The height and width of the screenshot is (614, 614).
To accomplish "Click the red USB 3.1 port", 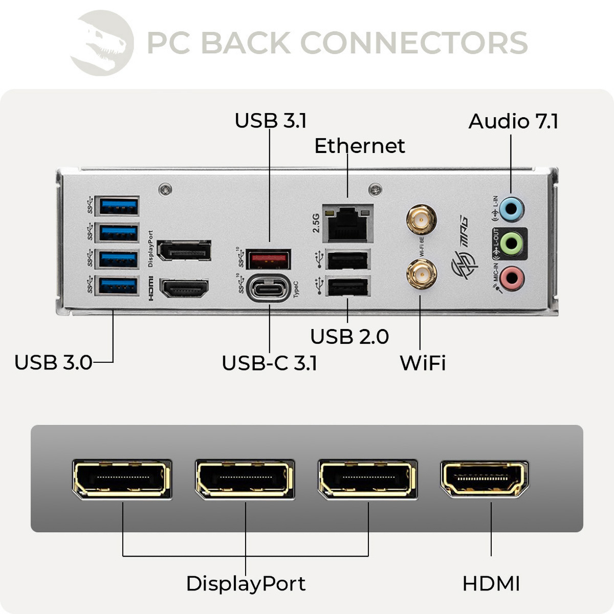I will pos(269,259).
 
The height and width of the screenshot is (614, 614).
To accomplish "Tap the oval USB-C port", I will pos(269,289).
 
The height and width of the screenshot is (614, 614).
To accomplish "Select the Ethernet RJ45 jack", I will pos(347,224).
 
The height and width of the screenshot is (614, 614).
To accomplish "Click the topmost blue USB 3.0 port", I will pos(119,206).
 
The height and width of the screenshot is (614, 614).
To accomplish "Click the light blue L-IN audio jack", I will pos(511,208).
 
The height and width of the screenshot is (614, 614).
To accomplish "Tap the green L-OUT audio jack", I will pos(511,243).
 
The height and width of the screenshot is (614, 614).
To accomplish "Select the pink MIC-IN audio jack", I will pos(511,278).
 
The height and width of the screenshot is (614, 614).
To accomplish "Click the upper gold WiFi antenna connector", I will pos(421,221).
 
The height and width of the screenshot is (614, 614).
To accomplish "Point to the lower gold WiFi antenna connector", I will pos(421,274).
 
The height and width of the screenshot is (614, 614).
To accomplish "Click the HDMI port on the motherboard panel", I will pos(184,289).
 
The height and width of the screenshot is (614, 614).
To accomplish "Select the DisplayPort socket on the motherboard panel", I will pos(184,251).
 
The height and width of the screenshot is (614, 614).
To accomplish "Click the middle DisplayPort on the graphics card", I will pos(245,479).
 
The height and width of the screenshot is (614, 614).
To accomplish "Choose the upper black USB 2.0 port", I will pos(348,260).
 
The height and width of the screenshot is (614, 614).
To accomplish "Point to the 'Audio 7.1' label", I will pos(513,121).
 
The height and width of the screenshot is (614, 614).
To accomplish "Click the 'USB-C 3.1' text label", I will pos(269,363).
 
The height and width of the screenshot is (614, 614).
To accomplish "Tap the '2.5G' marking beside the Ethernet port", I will pos(316,223).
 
